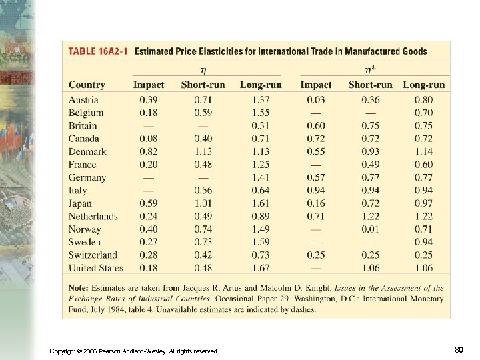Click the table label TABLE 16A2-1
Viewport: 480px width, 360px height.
click(x=98, y=51)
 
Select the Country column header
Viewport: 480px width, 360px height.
click(x=87, y=85)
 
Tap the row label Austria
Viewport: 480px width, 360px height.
click(x=83, y=100)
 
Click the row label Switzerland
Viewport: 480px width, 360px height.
click(x=93, y=255)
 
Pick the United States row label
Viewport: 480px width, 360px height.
click(x=96, y=268)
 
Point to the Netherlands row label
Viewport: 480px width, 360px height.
click(x=93, y=216)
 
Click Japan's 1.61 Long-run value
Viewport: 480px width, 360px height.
click(x=261, y=203)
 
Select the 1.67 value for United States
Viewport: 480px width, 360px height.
click(x=261, y=268)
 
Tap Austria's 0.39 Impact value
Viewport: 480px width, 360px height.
click(x=149, y=100)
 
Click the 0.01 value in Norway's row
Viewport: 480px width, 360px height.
click(x=371, y=229)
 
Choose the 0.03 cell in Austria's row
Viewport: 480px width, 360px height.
click(x=316, y=100)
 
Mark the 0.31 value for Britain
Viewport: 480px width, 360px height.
click(x=261, y=125)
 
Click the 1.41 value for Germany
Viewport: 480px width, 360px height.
click(x=261, y=177)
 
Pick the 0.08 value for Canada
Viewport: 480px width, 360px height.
click(x=149, y=139)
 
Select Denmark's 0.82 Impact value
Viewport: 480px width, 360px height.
click(x=149, y=151)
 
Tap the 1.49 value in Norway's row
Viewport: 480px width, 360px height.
click(x=261, y=229)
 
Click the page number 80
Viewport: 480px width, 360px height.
click(x=458, y=349)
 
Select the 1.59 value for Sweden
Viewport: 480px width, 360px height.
click(x=261, y=242)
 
